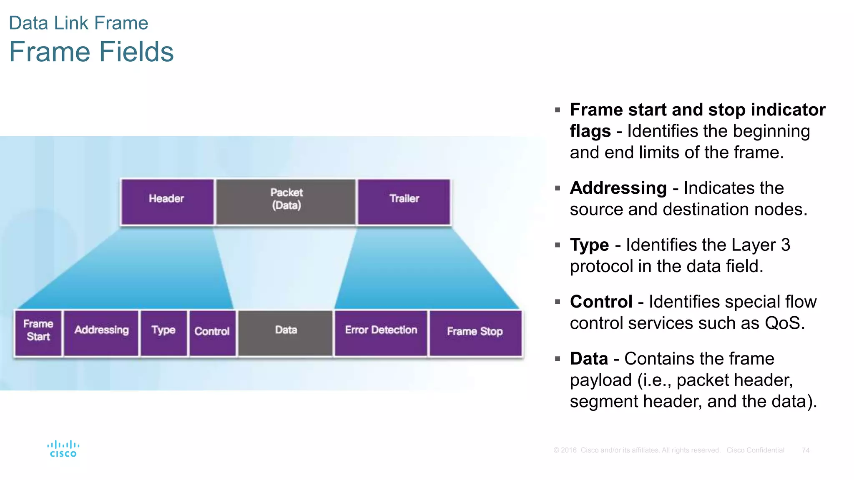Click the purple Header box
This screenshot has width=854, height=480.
(x=167, y=202)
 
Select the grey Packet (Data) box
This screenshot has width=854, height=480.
(x=286, y=202)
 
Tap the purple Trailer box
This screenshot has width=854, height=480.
(x=404, y=202)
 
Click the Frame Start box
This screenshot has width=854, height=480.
(x=38, y=332)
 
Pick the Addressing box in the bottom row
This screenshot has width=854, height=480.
(x=101, y=332)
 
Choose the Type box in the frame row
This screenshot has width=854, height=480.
(x=163, y=332)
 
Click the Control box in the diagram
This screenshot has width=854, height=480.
(x=212, y=332)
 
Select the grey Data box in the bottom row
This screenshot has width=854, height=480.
(x=286, y=332)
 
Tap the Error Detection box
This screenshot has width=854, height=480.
(x=381, y=332)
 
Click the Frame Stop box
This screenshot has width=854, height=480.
(x=475, y=332)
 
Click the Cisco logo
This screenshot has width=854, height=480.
(x=63, y=449)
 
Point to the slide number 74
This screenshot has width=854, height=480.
(x=806, y=450)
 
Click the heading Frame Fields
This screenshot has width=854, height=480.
(x=91, y=52)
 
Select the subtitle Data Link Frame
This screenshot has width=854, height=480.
(x=78, y=23)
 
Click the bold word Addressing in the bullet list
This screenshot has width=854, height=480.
(x=618, y=188)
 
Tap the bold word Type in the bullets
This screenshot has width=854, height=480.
(x=589, y=245)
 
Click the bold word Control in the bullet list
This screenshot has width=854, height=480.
(x=601, y=302)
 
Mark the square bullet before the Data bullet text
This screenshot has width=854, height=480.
(x=558, y=359)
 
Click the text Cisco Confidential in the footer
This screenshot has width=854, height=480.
(x=755, y=450)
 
